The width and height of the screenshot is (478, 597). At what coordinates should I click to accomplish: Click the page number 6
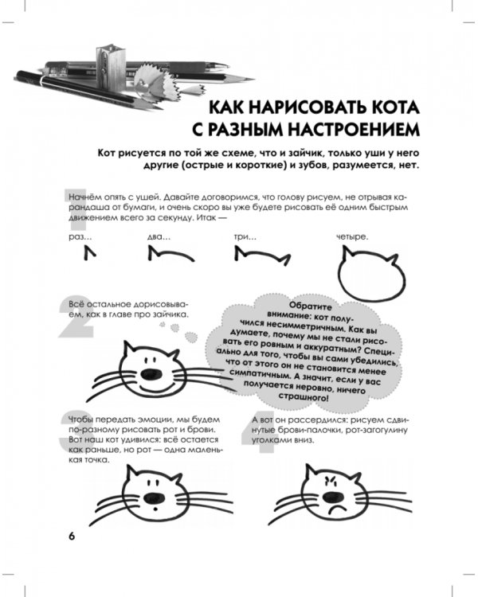click(71, 535)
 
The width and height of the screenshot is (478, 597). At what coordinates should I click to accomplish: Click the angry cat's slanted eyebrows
click(331, 480)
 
